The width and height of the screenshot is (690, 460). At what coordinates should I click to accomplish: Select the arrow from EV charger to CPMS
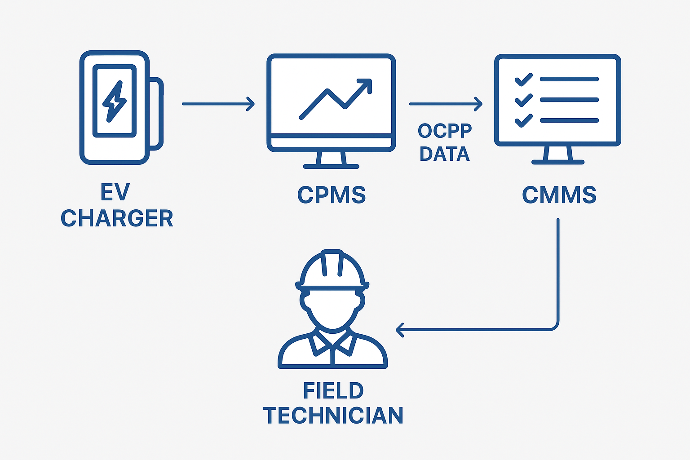218,104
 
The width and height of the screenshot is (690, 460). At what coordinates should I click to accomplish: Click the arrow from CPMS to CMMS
445,104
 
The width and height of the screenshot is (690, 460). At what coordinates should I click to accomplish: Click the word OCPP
445,131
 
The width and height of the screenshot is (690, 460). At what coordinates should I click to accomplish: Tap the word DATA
445,154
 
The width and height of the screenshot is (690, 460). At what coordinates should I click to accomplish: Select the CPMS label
332,195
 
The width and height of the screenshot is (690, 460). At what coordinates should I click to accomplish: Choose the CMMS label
559,195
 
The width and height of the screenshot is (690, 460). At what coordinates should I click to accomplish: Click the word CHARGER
117,219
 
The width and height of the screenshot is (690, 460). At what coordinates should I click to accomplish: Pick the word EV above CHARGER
115,193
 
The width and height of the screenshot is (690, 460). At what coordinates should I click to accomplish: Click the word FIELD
333,391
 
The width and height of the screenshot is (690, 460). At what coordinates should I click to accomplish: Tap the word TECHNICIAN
333,416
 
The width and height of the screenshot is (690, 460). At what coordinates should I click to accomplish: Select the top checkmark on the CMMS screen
523,80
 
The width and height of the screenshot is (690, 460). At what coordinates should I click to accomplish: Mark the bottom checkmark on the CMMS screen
523,120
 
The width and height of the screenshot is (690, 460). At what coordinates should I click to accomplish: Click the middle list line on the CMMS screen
569,100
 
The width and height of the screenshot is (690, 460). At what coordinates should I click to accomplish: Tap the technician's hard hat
332,270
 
